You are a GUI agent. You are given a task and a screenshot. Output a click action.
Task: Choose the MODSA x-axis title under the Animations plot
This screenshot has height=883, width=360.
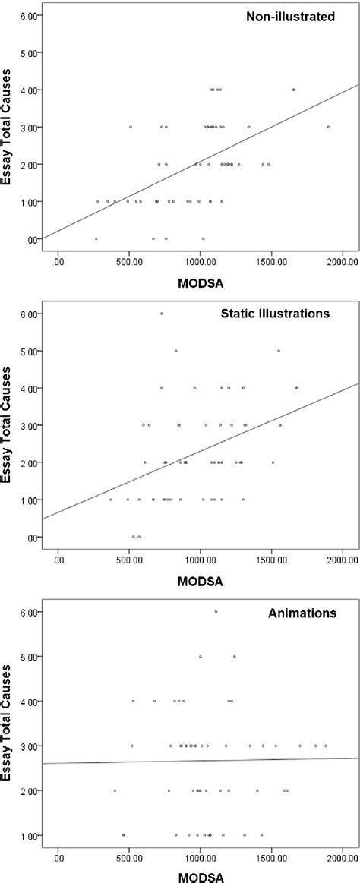point(194,876)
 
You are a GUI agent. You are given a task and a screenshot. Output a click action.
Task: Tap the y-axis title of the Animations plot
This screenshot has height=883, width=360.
point(9,720)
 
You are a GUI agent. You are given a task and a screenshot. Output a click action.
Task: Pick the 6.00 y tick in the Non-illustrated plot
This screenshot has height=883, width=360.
point(33,15)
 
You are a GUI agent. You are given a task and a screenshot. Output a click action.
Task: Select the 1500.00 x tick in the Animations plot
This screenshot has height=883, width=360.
point(271,855)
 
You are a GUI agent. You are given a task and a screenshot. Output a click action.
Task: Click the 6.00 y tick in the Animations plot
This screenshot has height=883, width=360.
point(33,610)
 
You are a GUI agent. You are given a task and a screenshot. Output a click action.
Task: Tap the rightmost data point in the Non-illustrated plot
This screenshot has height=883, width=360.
point(328,127)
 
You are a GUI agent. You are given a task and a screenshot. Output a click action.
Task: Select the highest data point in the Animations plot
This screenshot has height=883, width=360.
point(216,611)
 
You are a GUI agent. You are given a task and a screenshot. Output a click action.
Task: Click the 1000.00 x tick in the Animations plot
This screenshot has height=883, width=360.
point(200,855)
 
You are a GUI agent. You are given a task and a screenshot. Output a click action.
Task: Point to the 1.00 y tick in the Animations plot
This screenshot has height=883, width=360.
point(33,835)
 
